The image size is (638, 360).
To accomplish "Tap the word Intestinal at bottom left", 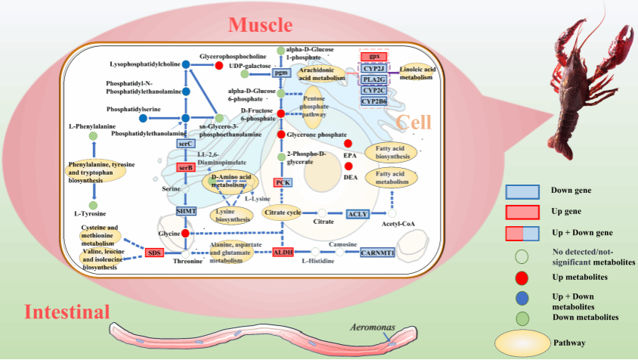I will pyautogui.click(x=67, y=312).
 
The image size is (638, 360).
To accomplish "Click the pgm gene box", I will pyautogui.click(x=282, y=73).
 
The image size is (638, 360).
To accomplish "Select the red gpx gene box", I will pyautogui.click(x=373, y=57).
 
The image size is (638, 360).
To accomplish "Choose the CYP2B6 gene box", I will pyautogui.click(x=373, y=101).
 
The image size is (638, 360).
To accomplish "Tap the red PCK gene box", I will pyautogui.click(x=283, y=182).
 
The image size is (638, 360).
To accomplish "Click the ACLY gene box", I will pyautogui.click(x=358, y=214).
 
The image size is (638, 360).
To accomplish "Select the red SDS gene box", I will pyautogui.click(x=155, y=253).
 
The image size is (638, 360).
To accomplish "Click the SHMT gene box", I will pyautogui.click(x=186, y=211).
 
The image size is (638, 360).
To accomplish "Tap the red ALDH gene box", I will pyautogui.click(x=283, y=252).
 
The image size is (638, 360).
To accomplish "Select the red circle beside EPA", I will pyautogui.click(x=348, y=144).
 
